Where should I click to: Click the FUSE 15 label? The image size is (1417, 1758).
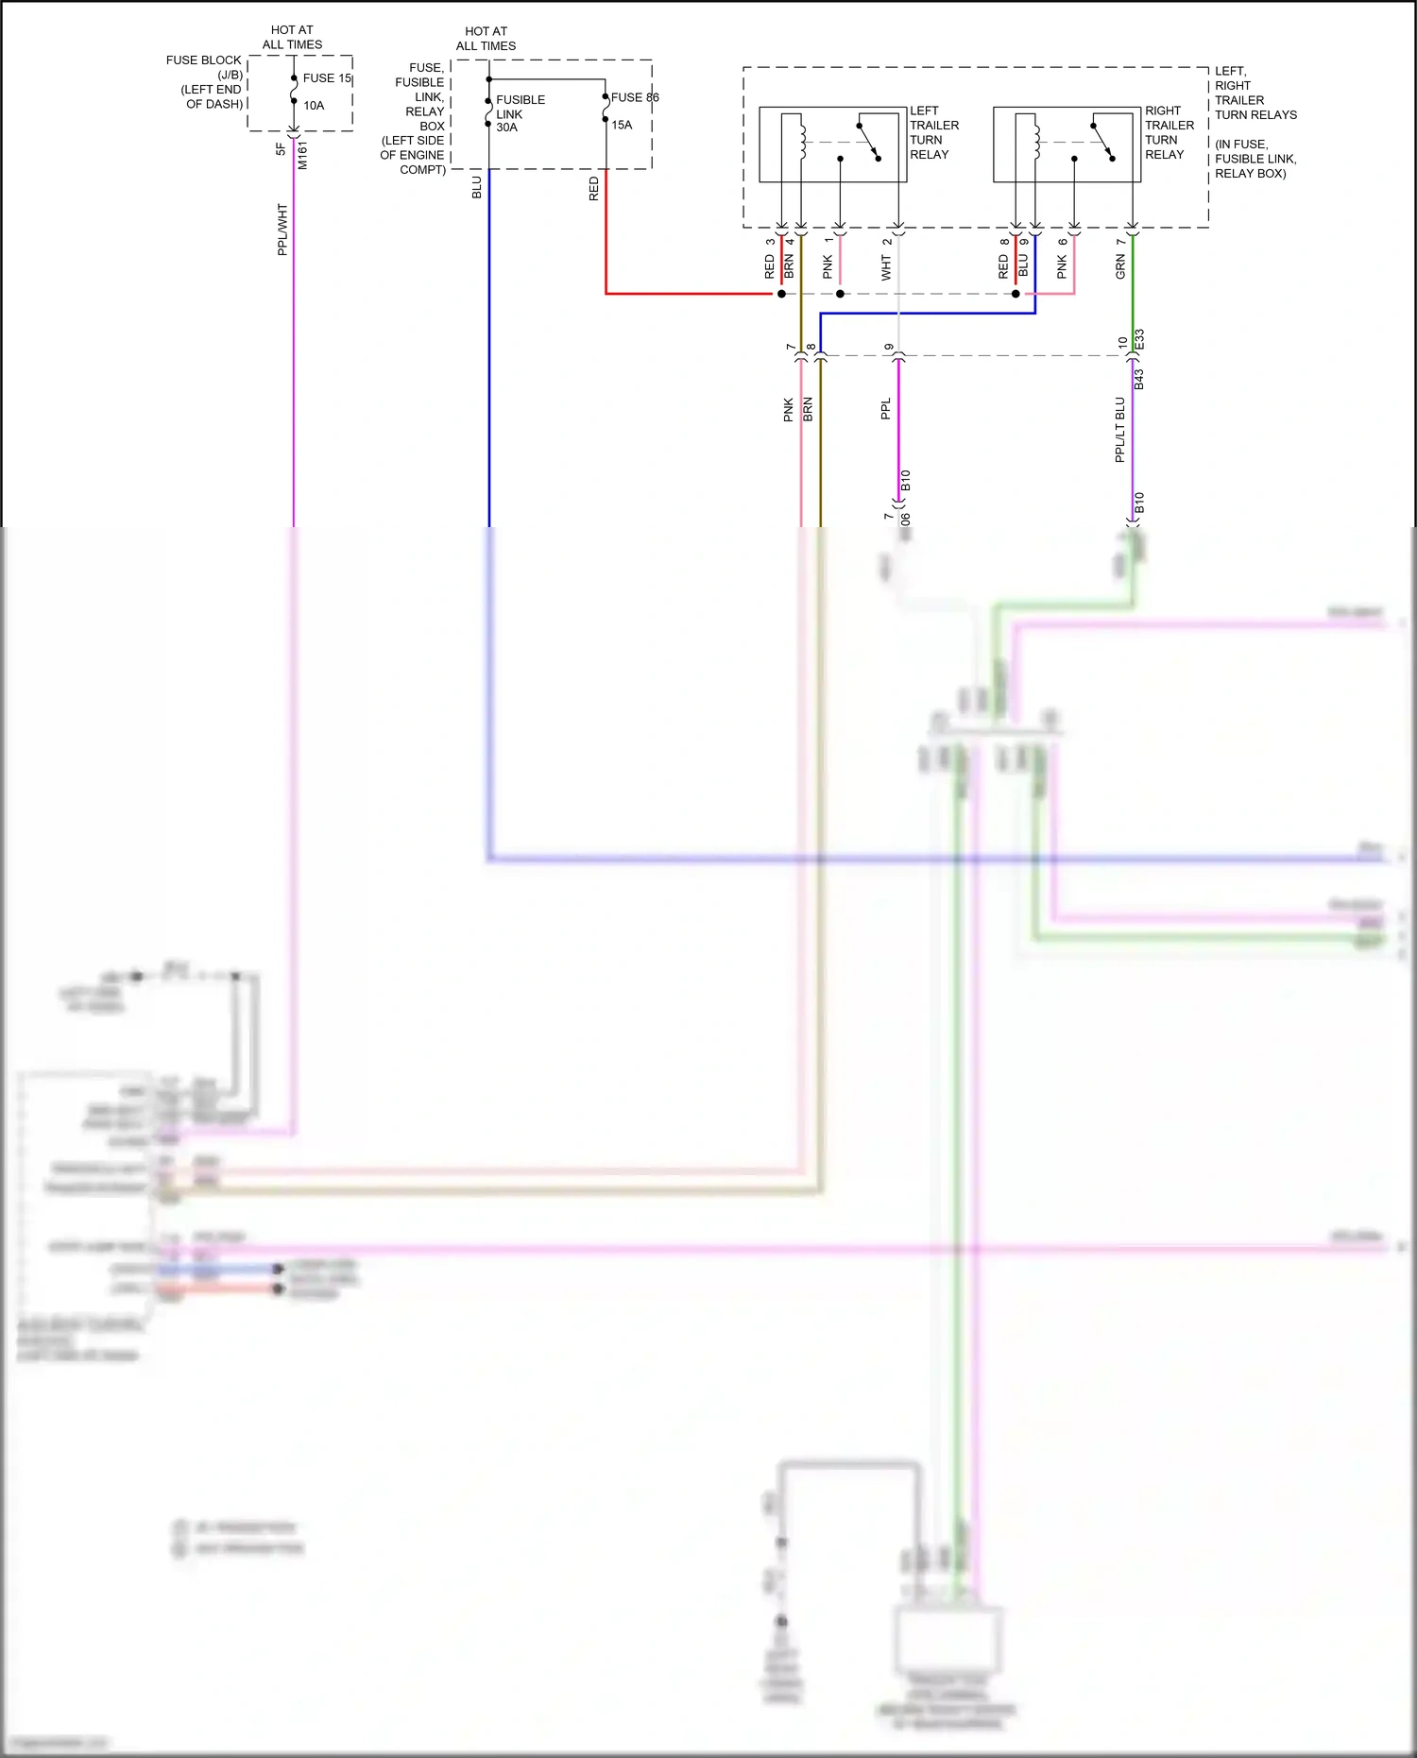[x=327, y=78]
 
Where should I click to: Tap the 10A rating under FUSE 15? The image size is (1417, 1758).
[x=314, y=106]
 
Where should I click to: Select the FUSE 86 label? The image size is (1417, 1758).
[x=635, y=97]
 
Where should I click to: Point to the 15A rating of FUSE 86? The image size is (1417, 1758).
[x=622, y=125]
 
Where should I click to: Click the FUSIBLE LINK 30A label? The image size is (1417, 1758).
[x=520, y=113]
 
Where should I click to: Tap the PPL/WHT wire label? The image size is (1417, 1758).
[x=282, y=230]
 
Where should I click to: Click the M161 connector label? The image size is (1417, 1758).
[x=302, y=155]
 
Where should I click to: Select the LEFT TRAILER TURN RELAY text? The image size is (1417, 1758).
[x=933, y=132]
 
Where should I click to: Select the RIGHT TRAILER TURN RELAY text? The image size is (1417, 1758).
[x=1169, y=132]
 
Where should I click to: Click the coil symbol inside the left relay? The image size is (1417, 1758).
[x=803, y=140]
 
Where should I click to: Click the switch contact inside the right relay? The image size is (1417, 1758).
[x=1103, y=142]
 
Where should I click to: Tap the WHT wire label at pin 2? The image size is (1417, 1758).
[x=886, y=268]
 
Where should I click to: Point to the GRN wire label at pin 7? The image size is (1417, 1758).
[x=1120, y=266]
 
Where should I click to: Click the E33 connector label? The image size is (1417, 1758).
[x=1139, y=339]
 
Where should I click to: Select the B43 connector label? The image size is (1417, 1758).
[x=1139, y=379]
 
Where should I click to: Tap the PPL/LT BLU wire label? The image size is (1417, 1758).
[x=1120, y=430]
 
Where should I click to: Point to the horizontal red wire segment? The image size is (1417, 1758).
[x=690, y=294]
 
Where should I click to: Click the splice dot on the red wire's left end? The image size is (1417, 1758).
[x=781, y=294]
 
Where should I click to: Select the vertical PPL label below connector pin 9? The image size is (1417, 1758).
[x=885, y=409]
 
